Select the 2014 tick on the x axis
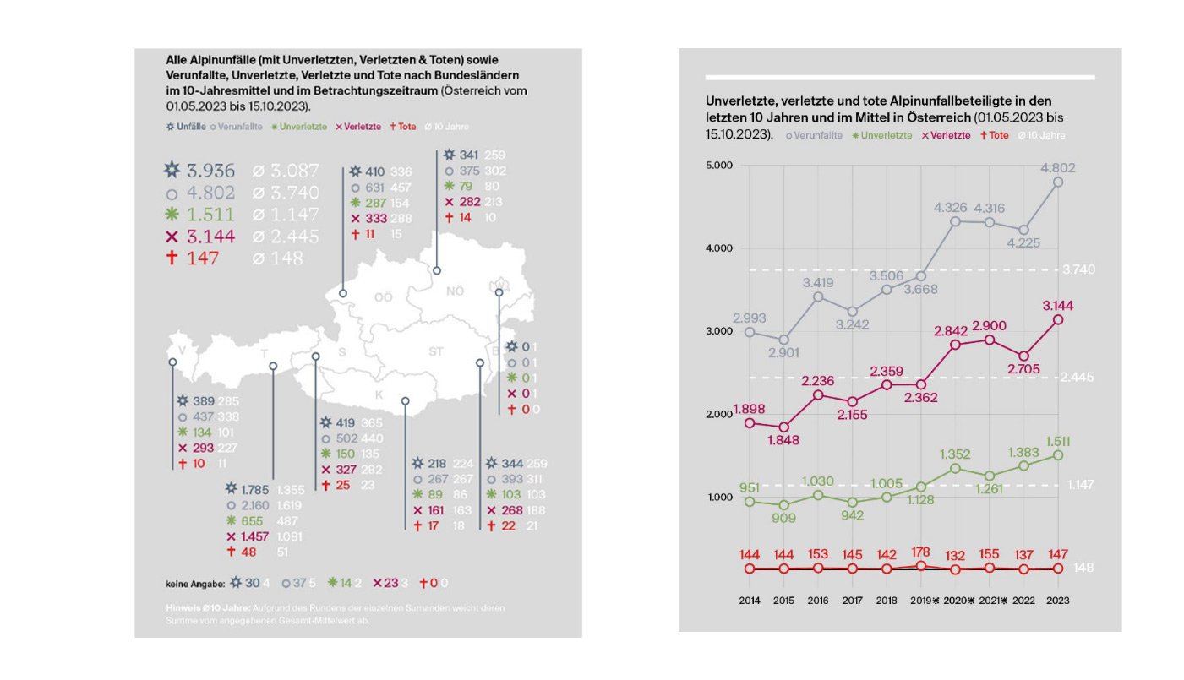749,601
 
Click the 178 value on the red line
921,552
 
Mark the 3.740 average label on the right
1078,269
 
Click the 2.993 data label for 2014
750,318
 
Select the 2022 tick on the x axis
1024,601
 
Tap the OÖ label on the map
384,297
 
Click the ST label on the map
436,351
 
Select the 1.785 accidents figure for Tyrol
254,488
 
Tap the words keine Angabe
194,583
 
